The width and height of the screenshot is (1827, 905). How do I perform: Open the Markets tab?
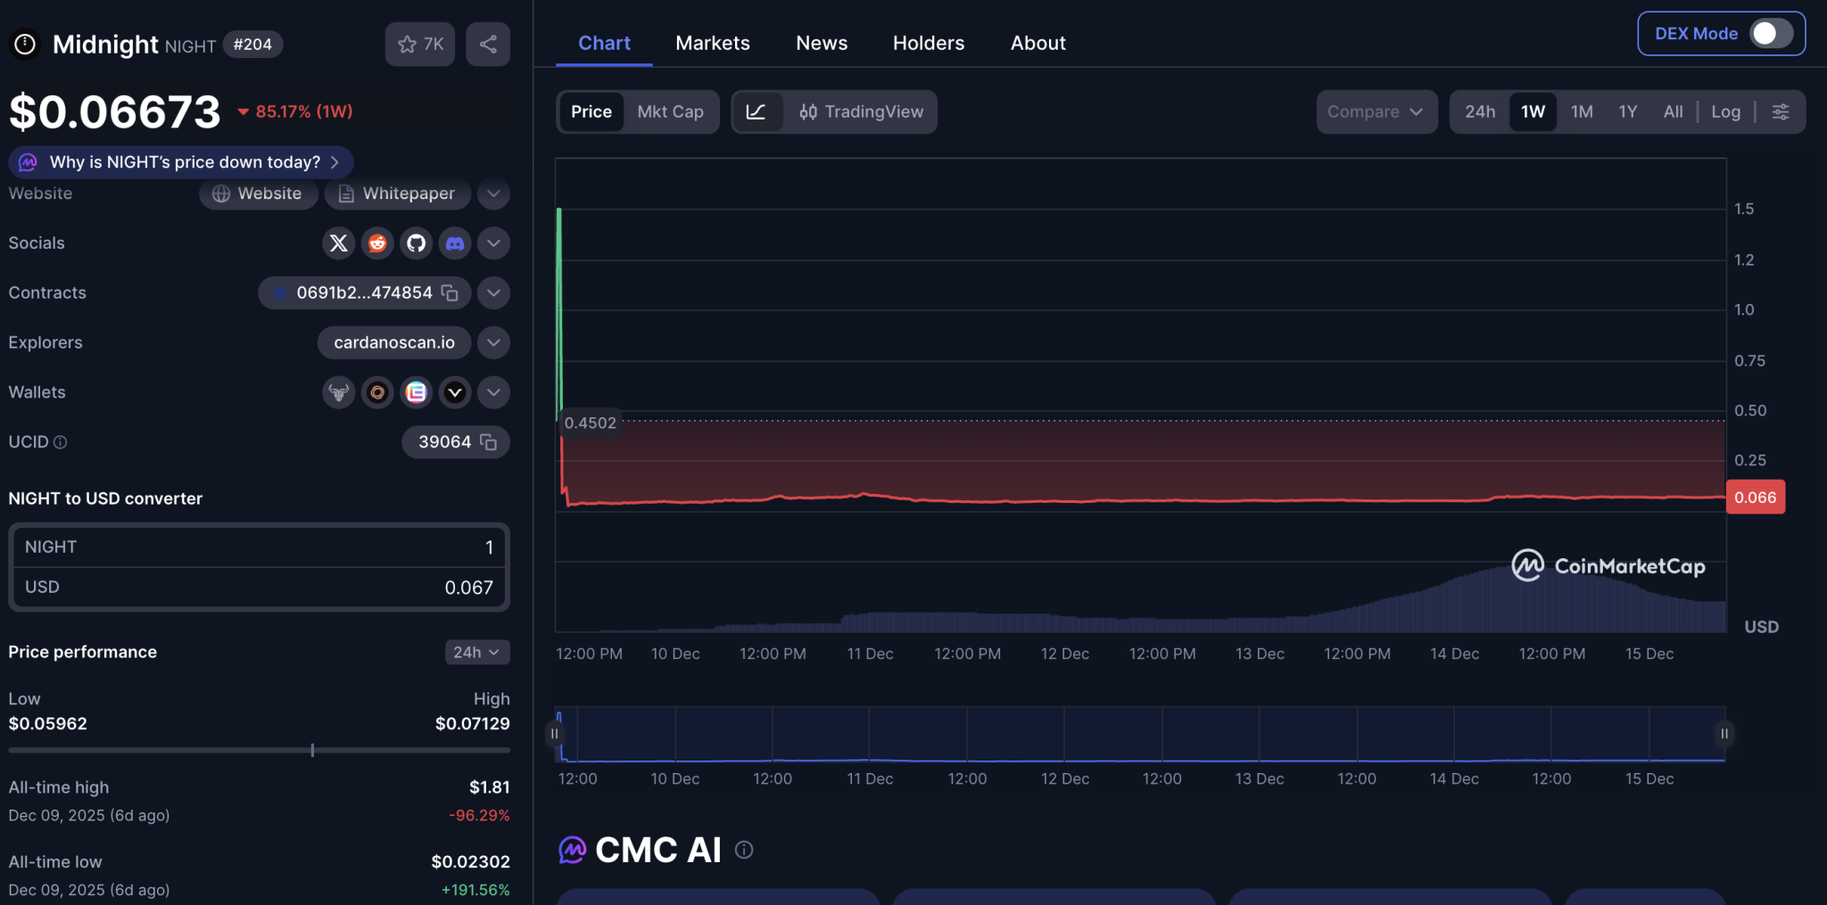tap(712, 43)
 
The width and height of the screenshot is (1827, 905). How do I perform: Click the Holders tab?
tap(928, 43)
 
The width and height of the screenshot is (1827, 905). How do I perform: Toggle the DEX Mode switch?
tap(1770, 34)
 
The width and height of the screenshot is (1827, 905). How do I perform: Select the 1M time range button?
tap(1582, 111)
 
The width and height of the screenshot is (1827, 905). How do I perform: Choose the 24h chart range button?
tap(1479, 111)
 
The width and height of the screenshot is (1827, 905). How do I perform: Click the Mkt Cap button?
tap(670, 111)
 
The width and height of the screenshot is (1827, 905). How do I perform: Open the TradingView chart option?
tap(861, 111)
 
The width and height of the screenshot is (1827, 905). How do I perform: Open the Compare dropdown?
tap(1376, 111)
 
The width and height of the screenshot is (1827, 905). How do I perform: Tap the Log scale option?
tap(1725, 111)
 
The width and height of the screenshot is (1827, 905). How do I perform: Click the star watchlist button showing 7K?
tap(420, 44)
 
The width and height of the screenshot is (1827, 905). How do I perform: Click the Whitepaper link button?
tap(397, 193)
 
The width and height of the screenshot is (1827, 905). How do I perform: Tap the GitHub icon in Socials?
tap(416, 243)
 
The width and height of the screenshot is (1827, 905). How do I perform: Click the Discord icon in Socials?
tap(455, 243)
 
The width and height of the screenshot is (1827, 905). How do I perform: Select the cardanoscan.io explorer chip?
tap(394, 342)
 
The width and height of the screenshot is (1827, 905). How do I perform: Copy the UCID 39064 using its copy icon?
tap(488, 442)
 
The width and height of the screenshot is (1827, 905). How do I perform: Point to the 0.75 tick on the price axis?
tap(1749, 360)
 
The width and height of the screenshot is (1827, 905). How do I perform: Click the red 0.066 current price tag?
tap(1755, 498)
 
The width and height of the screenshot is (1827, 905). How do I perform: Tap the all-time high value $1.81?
tap(489, 787)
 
